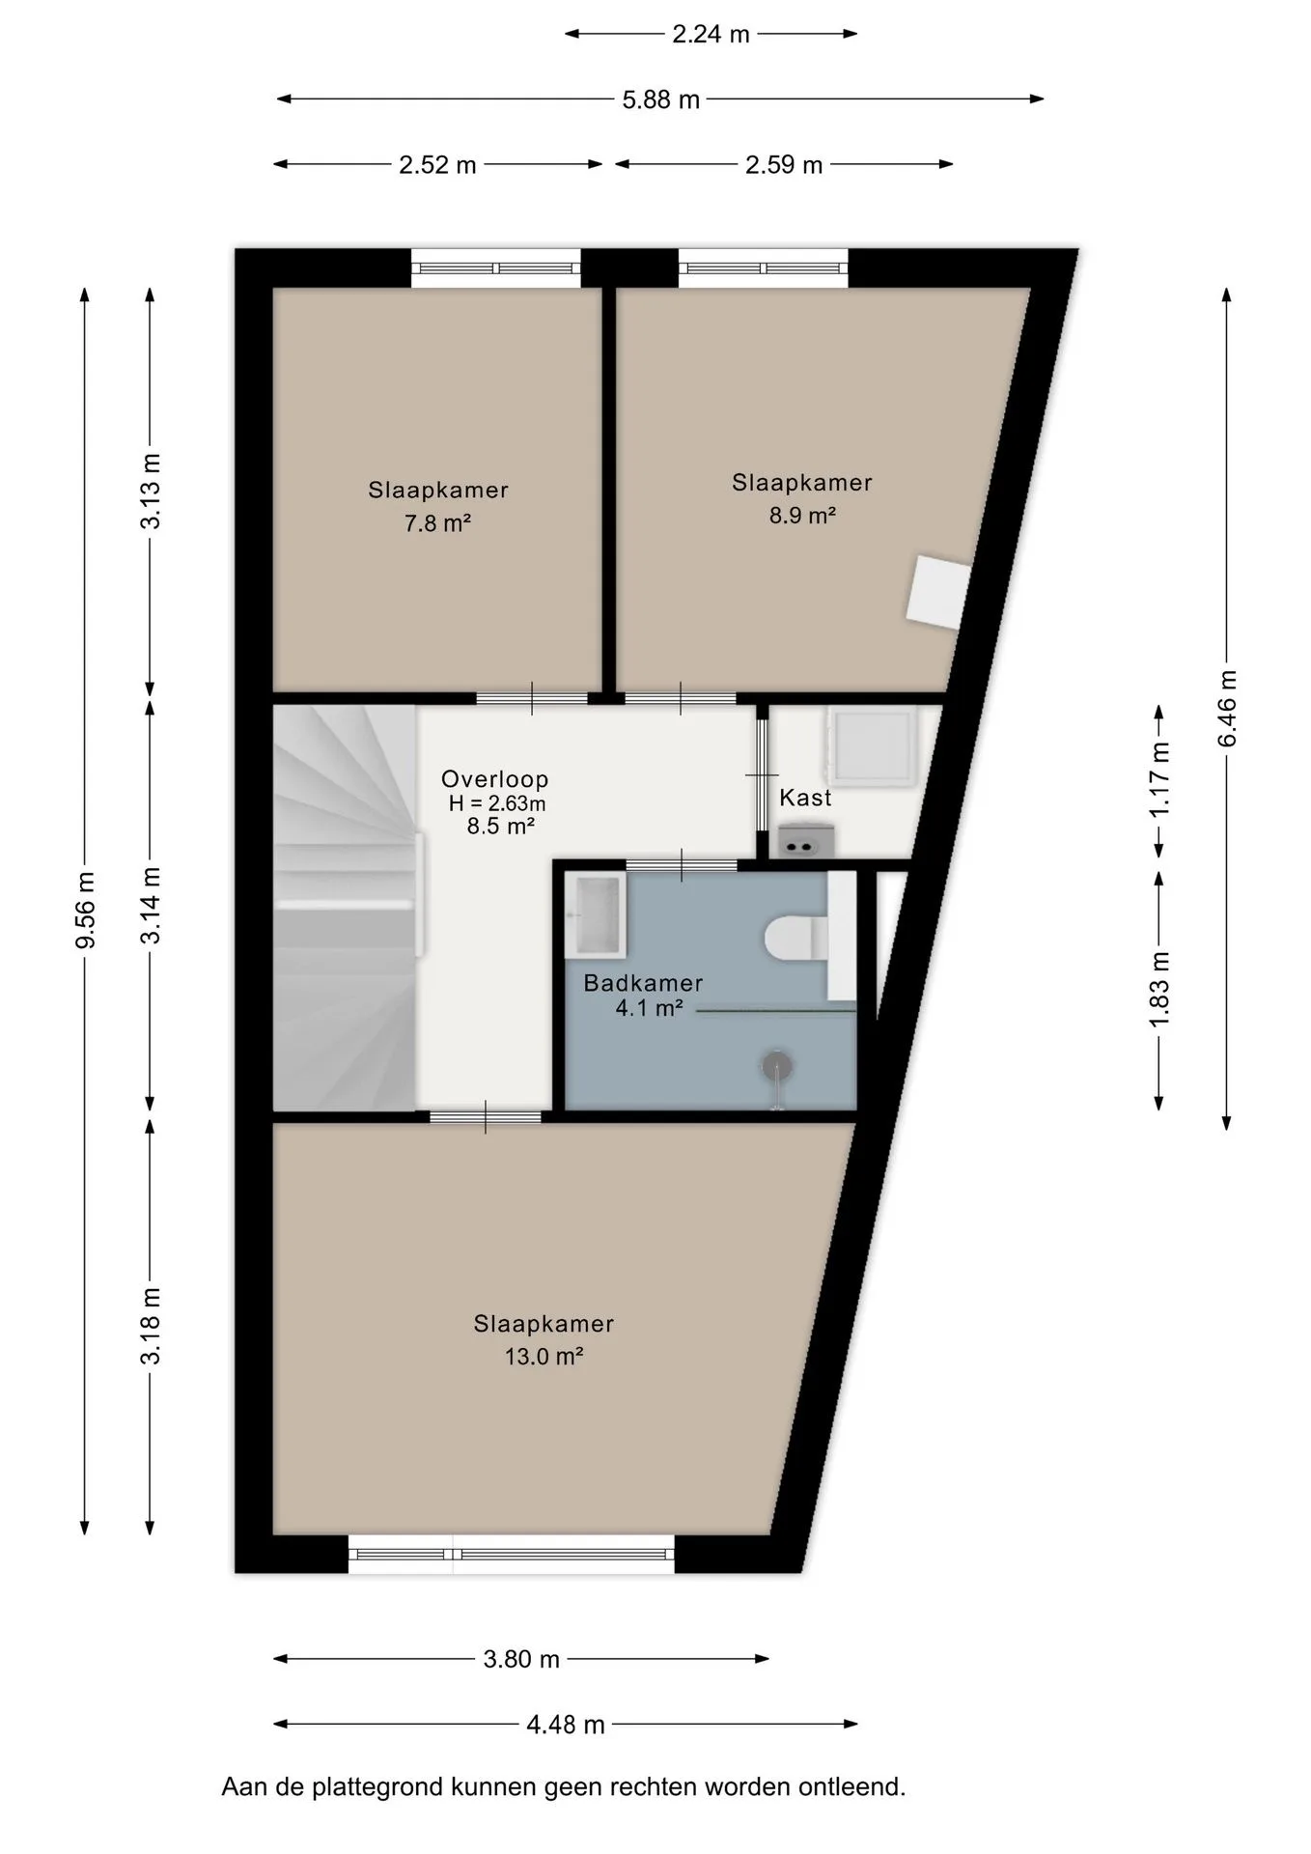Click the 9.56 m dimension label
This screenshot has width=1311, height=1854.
coord(86,911)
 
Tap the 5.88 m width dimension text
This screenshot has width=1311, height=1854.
coord(660,99)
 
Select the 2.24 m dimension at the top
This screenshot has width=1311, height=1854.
coord(711,35)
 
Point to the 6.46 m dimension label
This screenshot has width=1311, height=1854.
coord(1227,708)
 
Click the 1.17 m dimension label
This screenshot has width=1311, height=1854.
coord(1159,779)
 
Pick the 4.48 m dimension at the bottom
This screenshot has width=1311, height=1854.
coord(566,1725)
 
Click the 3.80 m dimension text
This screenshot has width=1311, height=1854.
coord(521,1659)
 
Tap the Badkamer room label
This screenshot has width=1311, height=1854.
coord(643,983)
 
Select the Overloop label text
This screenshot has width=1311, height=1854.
coord(494,778)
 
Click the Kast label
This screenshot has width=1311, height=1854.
coord(805,798)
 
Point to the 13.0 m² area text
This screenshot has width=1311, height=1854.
coord(544,1356)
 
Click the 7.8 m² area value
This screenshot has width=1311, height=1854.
coord(437,523)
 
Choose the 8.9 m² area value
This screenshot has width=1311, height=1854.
coord(801,516)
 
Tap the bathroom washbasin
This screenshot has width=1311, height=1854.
coord(596,912)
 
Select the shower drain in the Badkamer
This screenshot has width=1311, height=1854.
coord(777,1065)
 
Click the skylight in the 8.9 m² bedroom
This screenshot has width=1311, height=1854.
coord(937,592)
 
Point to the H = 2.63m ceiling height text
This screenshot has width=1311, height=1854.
coord(497,803)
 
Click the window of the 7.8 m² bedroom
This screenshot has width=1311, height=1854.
coord(496,268)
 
